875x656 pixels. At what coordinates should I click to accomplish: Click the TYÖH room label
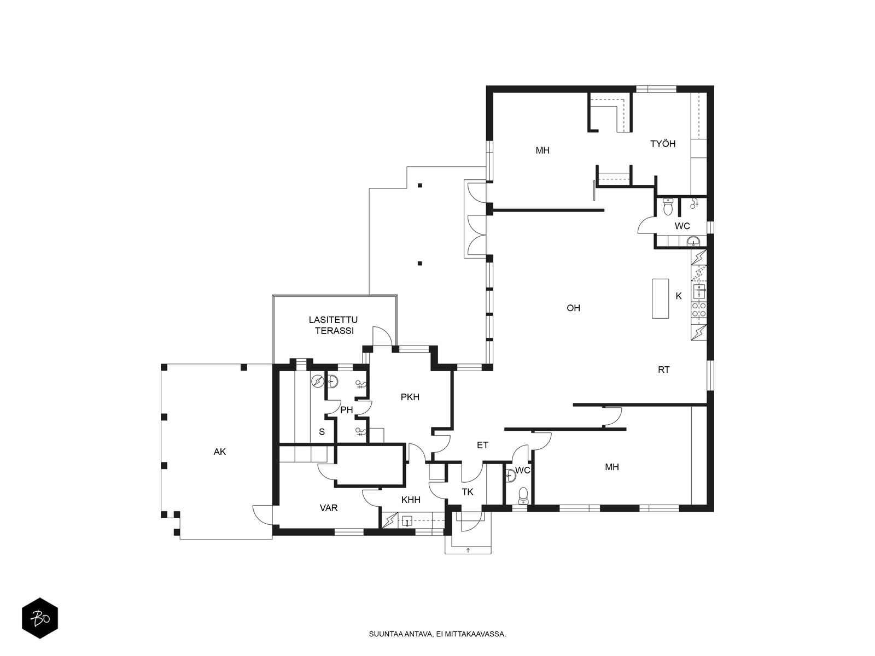pyautogui.click(x=662, y=143)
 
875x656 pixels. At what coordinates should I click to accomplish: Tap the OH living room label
pyautogui.click(x=573, y=307)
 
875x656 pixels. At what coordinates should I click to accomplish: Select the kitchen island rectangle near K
pyautogui.click(x=660, y=298)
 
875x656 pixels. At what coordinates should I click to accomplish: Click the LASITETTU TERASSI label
pyautogui.click(x=334, y=325)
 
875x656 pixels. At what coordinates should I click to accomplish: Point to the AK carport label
pyautogui.click(x=220, y=452)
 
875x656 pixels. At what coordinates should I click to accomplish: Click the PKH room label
pyautogui.click(x=410, y=397)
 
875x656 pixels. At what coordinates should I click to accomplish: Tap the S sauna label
pyautogui.click(x=322, y=432)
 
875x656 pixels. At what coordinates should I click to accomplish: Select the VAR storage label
pyautogui.click(x=329, y=508)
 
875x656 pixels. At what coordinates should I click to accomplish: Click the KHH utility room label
pyautogui.click(x=411, y=500)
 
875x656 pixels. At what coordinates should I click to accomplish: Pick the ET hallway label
pyautogui.click(x=482, y=445)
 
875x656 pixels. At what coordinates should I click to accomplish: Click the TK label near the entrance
pyautogui.click(x=467, y=492)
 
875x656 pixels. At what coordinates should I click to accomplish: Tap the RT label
pyautogui.click(x=663, y=370)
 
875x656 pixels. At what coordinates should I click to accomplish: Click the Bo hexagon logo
pyautogui.click(x=40, y=618)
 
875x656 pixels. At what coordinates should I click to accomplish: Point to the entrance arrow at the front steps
pyautogui.click(x=468, y=550)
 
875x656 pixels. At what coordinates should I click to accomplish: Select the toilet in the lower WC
pyautogui.click(x=523, y=495)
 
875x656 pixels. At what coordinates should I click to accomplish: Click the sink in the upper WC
pyautogui.click(x=693, y=241)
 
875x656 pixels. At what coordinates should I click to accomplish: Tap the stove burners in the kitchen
pyautogui.click(x=699, y=310)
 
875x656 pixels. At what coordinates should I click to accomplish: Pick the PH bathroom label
pyautogui.click(x=346, y=409)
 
